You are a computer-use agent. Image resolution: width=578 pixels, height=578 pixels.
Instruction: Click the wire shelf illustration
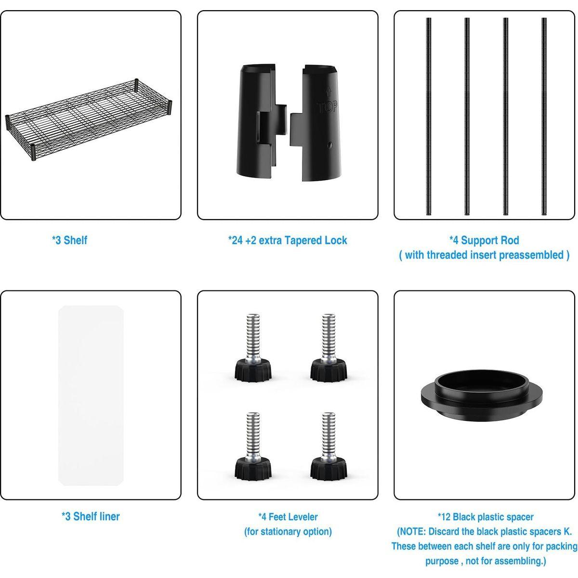coord(89,120)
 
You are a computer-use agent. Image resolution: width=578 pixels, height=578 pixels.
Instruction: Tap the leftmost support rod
coord(429,117)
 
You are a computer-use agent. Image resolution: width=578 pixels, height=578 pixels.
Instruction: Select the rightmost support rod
coord(544,117)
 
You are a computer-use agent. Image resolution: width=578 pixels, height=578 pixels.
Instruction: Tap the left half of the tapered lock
coord(262,123)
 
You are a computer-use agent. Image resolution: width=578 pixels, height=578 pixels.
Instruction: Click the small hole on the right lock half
coord(330,145)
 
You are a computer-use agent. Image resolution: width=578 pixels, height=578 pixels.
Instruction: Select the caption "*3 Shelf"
coord(69,240)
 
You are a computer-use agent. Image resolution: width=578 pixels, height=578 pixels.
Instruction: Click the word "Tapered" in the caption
coord(302,240)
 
